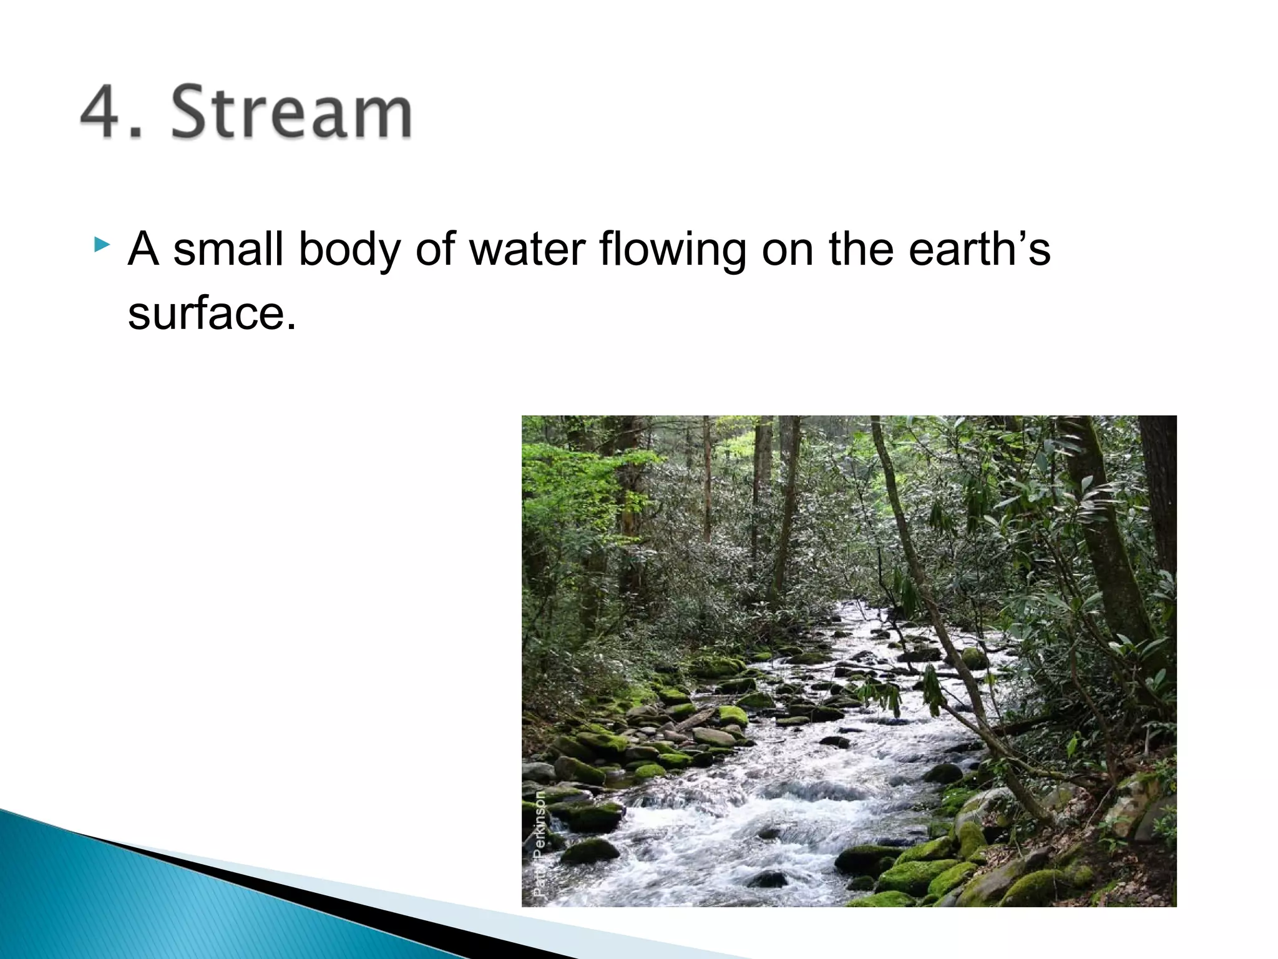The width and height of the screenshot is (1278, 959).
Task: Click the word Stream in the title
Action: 291,112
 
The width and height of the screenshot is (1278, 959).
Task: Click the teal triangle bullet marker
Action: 102,244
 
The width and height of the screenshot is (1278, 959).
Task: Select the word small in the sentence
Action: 228,248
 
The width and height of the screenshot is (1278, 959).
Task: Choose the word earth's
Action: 979,248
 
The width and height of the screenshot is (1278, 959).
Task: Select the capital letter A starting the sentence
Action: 143,248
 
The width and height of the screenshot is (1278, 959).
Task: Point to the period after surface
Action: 291,327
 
